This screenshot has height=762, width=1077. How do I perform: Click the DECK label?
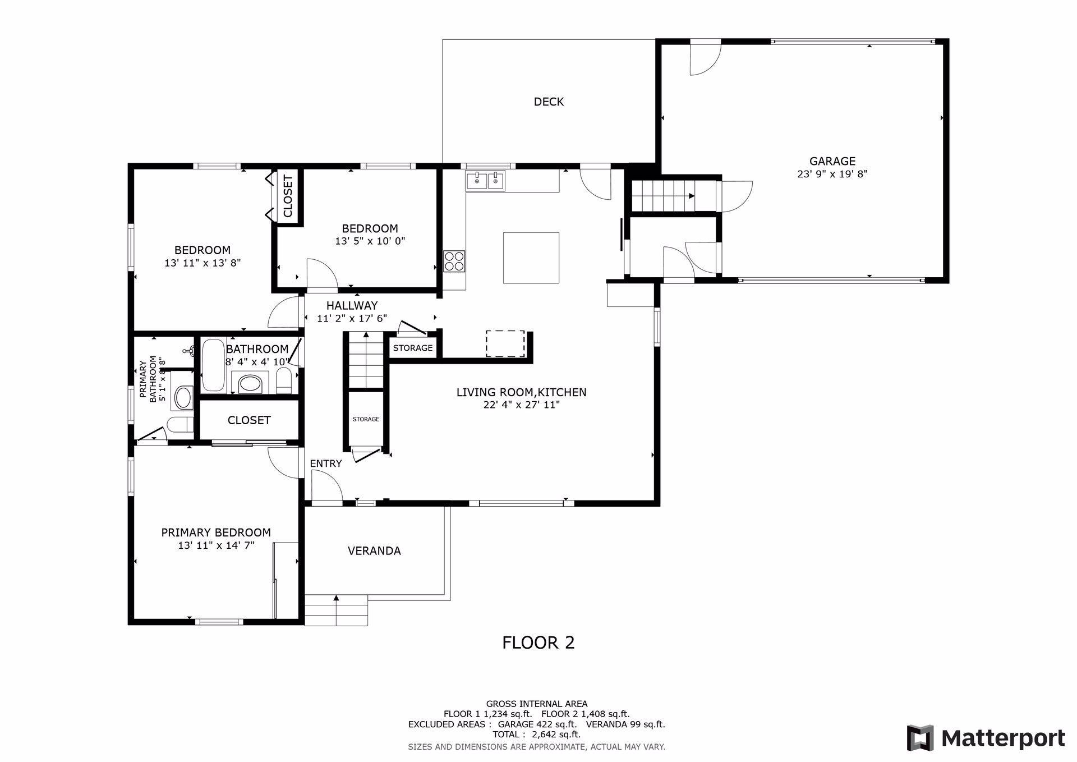pyautogui.click(x=549, y=102)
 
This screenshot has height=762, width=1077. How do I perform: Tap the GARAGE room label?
pyautogui.click(x=832, y=162)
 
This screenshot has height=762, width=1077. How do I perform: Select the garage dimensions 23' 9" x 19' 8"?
pyautogui.click(x=832, y=174)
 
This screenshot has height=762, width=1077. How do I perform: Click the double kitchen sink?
pyautogui.click(x=485, y=181)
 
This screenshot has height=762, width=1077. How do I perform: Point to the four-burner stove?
pyautogui.click(x=454, y=261)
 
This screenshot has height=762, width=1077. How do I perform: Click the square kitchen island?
pyautogui.click(x=531, y=258)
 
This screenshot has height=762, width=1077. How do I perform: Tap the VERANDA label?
pyautogui.click(x=374, y=551)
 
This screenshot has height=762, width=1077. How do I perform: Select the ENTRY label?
pyautogui.click(x=326, y=463)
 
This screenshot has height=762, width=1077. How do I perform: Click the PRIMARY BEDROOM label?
pyautogui.click(x=216, y=533)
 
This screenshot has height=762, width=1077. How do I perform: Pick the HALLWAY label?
pyautogui.click(x=352, y=306)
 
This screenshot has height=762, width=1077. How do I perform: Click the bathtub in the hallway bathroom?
pyautogui.click(x=213, y=365)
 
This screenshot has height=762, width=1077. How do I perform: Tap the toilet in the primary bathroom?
pyautogui.click(x=181, y=425)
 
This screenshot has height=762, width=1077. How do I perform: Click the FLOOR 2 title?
pyautogui.click(x=538, y=642)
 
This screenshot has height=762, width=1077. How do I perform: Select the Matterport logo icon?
pyautogui.click(x=920, y=738)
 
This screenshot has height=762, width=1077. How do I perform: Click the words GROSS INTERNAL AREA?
pyautogui.click(x=537, y=704)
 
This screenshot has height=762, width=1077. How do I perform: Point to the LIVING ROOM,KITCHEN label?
pyautogui.click(x=522, y=392)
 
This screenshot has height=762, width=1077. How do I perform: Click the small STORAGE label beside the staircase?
pyautogui.click(x=366, y=419)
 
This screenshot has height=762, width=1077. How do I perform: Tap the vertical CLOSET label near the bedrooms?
pyautogui.click(x=288, y=196)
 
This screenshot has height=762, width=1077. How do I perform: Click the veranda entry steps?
pyautogui.click(x=336, y=610)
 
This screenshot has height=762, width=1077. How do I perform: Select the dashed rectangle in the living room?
pyautogui.click(x=505, y=344)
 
